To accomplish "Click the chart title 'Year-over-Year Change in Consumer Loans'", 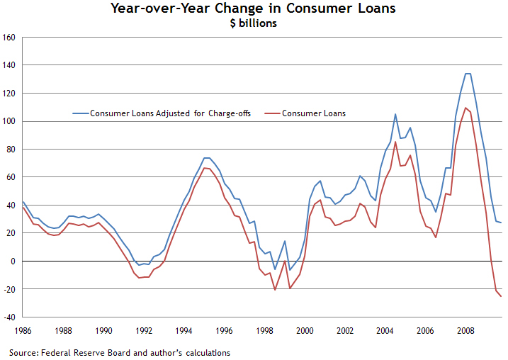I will click(x=253, y=9).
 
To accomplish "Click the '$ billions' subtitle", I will click(x=253, y=23).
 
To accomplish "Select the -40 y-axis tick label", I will click(x=9, y=317).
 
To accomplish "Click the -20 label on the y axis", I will click(x=9, y=289).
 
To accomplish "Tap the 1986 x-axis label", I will click(x=23, y=331).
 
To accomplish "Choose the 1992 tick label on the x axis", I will click(x=144, y=331).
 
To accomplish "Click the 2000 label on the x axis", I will click(x=305, y=331).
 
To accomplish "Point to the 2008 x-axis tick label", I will click(x=465, y=331).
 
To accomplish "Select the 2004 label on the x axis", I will click(x=385, y=331).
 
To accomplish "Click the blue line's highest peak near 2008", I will click(x=468, y=74).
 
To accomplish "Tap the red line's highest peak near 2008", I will click(x=465, y=108).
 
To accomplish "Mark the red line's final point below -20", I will click(x=501, y=296).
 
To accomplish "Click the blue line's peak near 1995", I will click(x=206, y=158).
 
